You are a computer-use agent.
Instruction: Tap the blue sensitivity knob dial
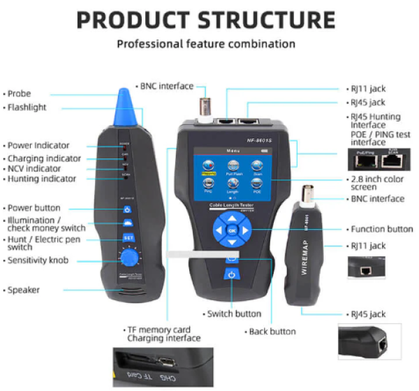[128, 259]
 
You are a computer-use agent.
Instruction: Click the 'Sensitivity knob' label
[41, 260]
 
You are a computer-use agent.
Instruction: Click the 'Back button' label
[272, 331]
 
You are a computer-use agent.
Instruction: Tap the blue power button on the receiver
[128, 209]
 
